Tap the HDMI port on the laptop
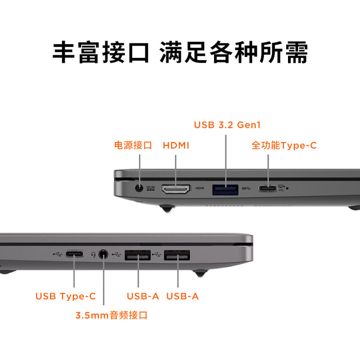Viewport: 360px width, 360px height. point(175,189)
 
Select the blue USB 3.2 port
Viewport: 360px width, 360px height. point(225,189)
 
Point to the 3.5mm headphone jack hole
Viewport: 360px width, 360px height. point(103,255)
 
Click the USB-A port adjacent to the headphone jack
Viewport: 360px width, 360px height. point(138,256)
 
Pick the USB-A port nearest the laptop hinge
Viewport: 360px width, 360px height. point(177,256)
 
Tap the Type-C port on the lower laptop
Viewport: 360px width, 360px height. point(74,254)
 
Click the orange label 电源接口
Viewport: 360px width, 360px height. point(133,145)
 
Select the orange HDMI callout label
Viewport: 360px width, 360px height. point(176,145)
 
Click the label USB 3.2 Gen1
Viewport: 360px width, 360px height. point(227,125)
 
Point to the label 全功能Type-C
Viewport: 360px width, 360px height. point(283,145)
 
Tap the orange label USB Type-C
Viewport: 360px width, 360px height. point(66,296)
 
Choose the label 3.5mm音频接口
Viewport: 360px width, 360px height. point(111,315)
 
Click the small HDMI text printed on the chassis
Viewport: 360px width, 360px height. point(200,188)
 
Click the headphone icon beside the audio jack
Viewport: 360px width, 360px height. point(93,255)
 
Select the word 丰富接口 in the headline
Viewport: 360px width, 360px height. point(101,53)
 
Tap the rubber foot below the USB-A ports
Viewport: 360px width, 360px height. point(200,273)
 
